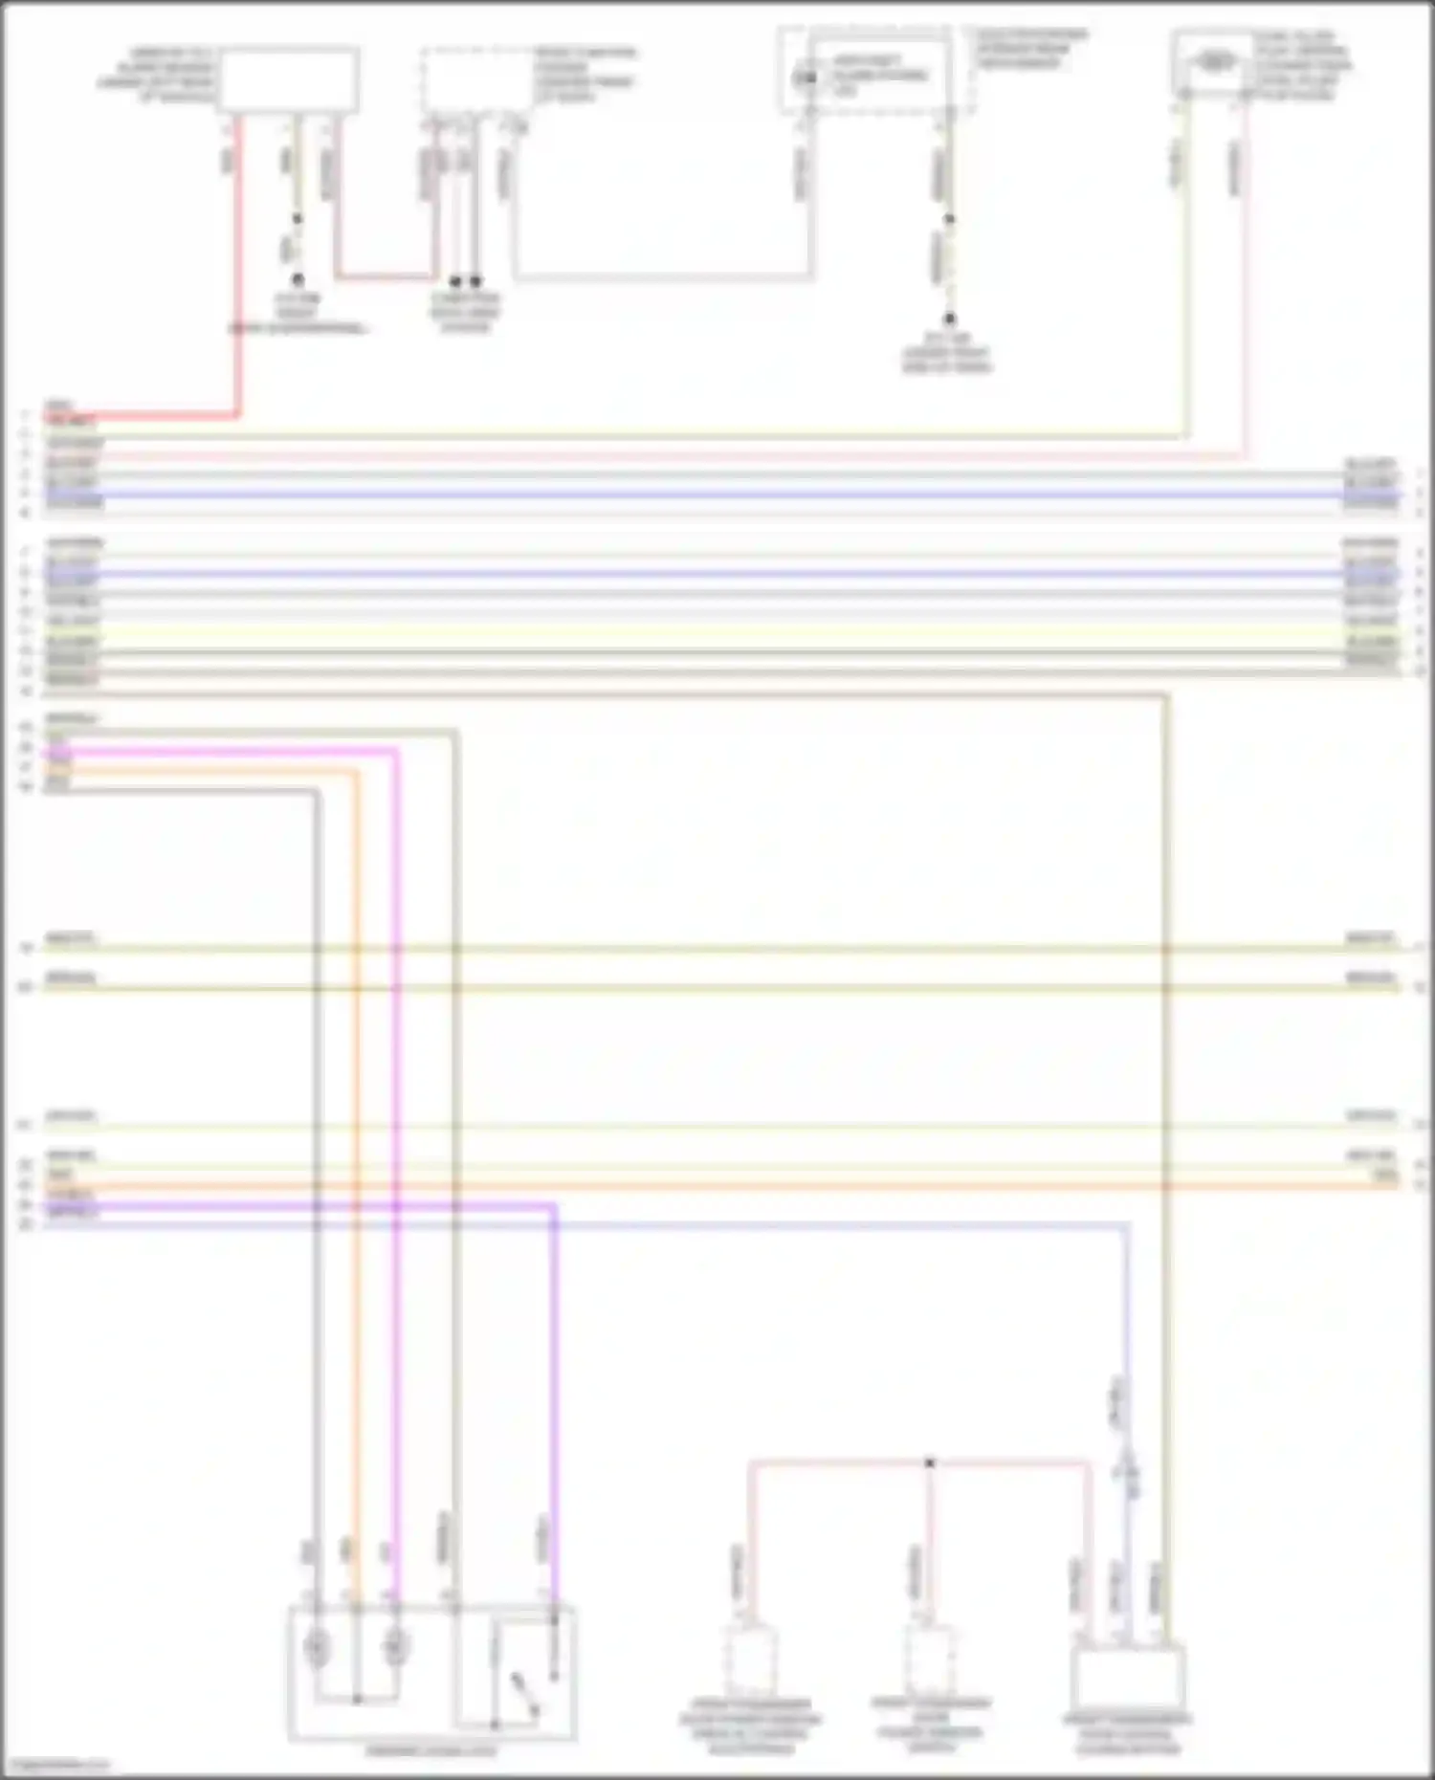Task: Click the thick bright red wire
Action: point(236,287)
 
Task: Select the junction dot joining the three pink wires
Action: point(929,1462)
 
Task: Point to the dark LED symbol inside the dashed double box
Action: point(807,77)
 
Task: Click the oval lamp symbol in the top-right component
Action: point(1214,63)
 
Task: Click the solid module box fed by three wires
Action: point(1129,1680)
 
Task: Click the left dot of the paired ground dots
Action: point(455,281)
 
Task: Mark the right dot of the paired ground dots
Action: point(476,281)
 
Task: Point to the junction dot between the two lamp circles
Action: point(356,1700)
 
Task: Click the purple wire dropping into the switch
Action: point(554,1387)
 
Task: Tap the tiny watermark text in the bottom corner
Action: point(55,1766)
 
